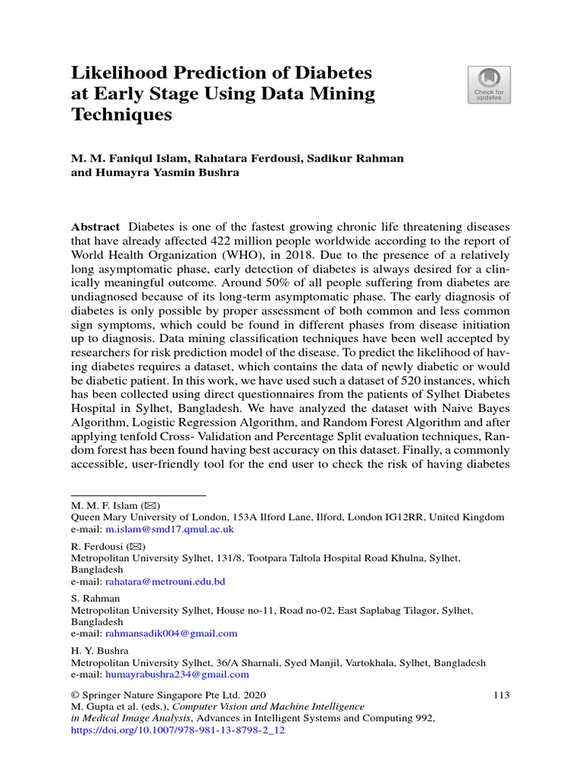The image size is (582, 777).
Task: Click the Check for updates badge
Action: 489,84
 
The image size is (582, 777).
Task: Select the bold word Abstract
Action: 95,227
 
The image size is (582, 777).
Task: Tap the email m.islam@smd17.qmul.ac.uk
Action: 169,529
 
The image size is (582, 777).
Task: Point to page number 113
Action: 502,694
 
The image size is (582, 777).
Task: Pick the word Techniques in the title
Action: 121,115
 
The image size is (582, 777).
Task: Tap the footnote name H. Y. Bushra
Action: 99,651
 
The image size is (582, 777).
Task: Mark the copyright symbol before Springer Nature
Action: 75,694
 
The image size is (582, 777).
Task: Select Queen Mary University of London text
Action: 149,517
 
